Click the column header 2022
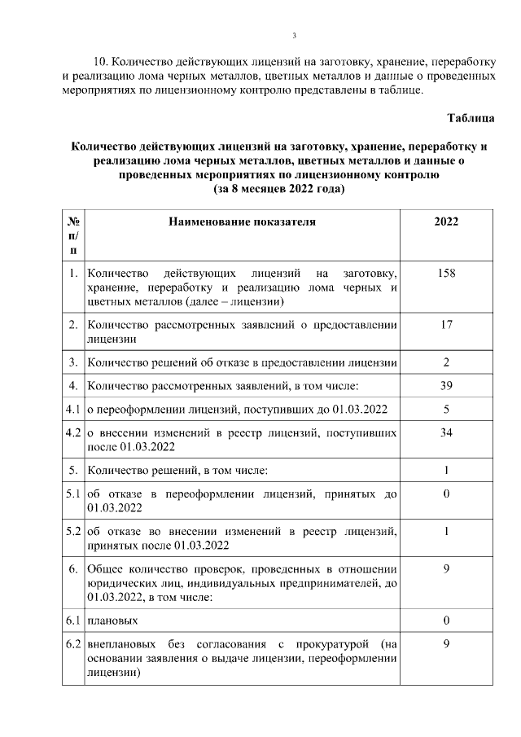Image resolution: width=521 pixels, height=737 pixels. pyautogui.click(x=446, y=221)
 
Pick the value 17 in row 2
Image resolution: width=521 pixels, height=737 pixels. pyautogui.click(x=446, y=325)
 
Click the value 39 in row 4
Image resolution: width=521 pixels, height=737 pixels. pyautogui.click(x=446, y=384)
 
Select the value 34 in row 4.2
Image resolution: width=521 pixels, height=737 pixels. pyautogui.click(x=446, y=432)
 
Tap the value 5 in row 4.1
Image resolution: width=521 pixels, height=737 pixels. pyautogui.click(x=446, y=408)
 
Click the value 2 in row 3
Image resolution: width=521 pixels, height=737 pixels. pyautogui.click(x=446, y=362)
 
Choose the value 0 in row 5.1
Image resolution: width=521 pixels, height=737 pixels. pyautogui.click(x=446, y=494)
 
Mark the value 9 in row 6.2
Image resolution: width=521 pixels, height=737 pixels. pyautogui.click(x=446, y=643)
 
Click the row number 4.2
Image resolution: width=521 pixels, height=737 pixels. pyautogui.click(x=73, y=432)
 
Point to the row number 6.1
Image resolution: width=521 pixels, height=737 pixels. pyautogui.click(x=73, y=621)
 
